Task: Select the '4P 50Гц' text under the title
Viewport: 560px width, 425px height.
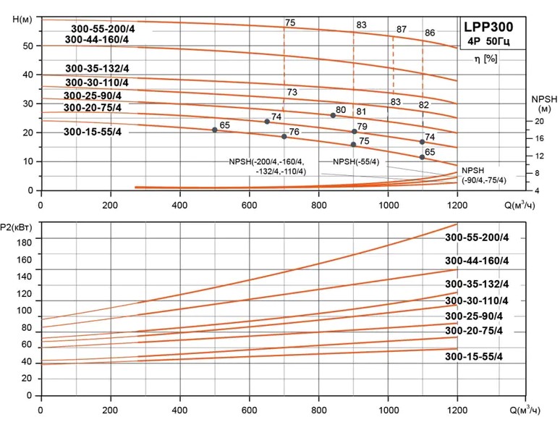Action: (489, 42)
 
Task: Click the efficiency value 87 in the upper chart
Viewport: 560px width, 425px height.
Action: (402, 30)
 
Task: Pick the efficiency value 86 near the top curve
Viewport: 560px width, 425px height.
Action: (430, 33)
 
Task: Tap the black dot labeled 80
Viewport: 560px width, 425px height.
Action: (333, 116)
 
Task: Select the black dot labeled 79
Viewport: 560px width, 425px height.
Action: (354, 132)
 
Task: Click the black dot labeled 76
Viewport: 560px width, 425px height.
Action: (284, 136)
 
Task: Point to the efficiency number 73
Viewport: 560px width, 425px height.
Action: (292, 93)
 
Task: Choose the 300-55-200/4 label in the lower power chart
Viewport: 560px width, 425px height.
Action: (477, 241)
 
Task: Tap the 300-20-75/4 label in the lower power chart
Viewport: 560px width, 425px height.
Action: (473, 331)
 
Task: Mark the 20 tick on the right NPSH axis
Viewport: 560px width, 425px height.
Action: (539, 122)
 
